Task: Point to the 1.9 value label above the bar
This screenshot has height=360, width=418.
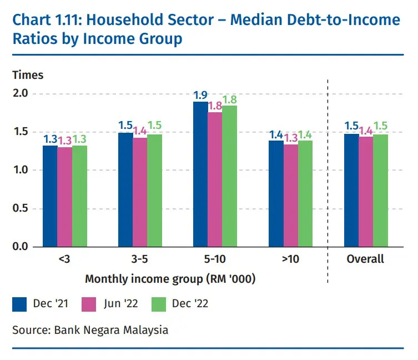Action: pyautogui.click(x=200, y=95)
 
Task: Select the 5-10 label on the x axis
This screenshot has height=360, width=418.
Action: pyautogui.click(x=215, y=259)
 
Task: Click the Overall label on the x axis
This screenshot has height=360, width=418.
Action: pyautogui.click(x=365, y=259)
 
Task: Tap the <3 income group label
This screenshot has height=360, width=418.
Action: pyautogui.click(x=64, y=259)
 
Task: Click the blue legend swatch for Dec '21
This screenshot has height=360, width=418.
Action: pyautogui.click(x=20, y=304)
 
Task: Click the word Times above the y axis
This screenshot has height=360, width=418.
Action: pyautogui.click(x=28, y=75)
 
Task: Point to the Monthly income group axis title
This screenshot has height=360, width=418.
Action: pyautogui.click(x=170, y=279)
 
